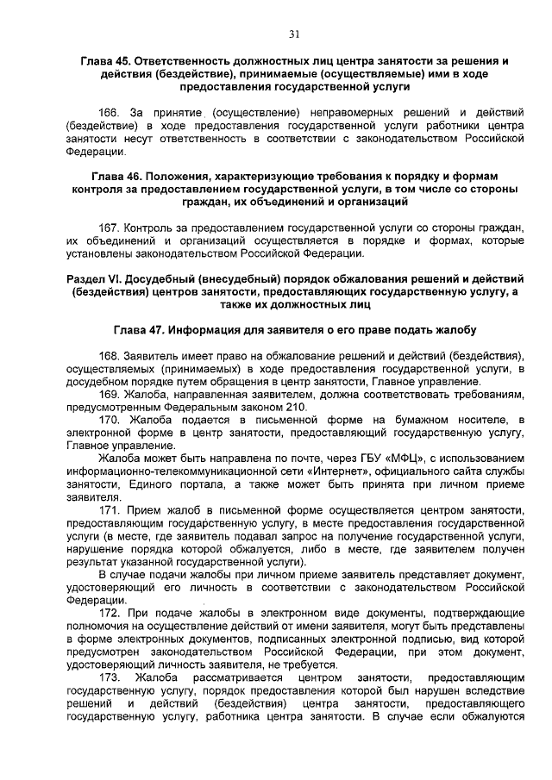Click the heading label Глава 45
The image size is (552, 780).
click(104, 62)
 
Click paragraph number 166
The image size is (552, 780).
click(110, 113)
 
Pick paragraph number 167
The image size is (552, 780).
click(110, 227)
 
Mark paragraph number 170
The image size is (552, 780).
click(110, 420)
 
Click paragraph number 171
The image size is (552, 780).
click(110, 510)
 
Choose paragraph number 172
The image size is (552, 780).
click(110, 614)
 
